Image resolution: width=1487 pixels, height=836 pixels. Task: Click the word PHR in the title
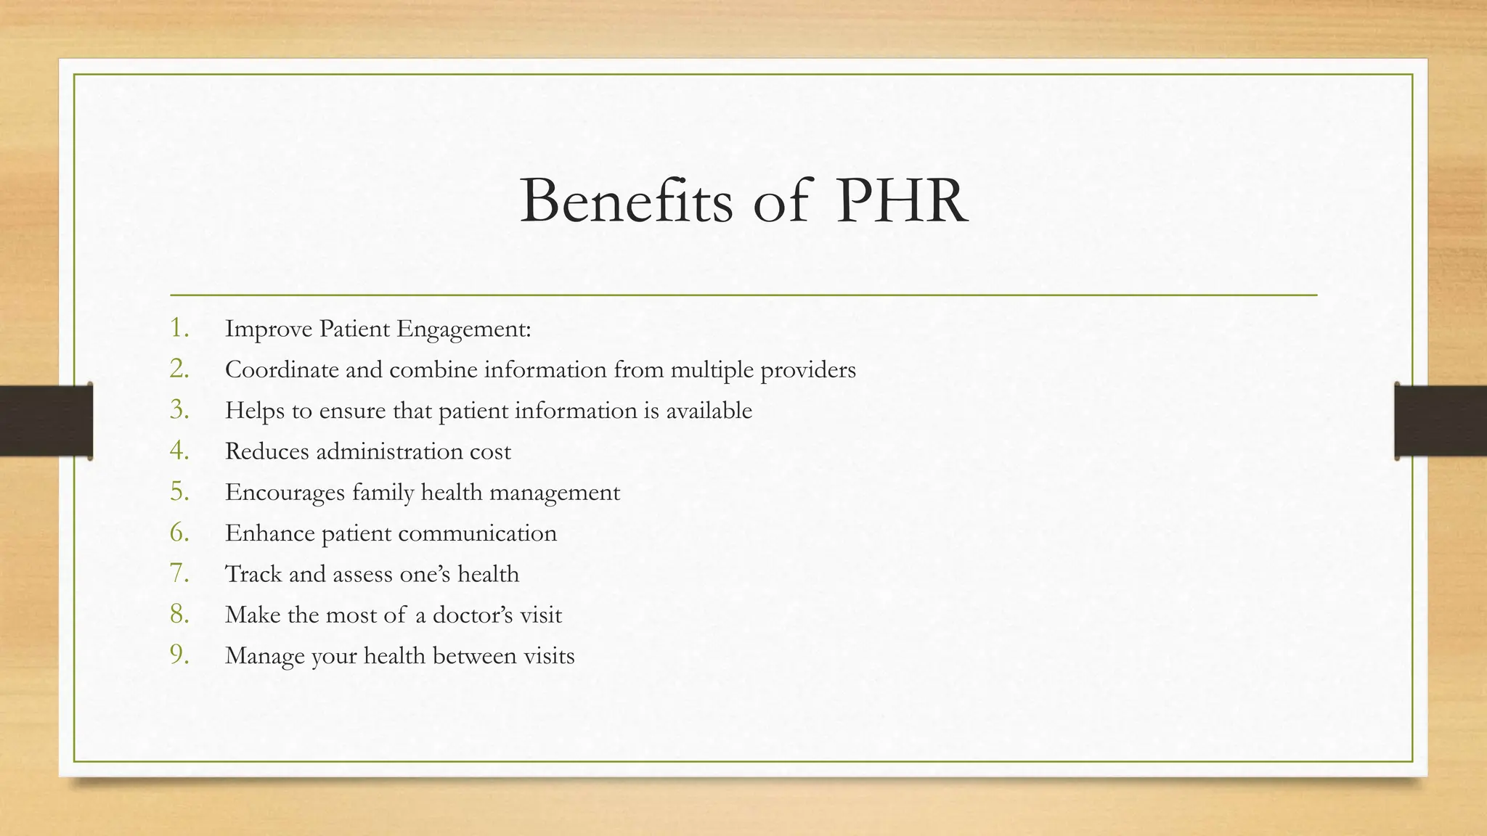pyautogui.click(x=900, y=201)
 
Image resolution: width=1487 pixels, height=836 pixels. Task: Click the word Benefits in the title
pyautogui.click(x=627, y=201)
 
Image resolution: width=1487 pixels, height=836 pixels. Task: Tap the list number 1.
pyautogui.click(x=179, y=328)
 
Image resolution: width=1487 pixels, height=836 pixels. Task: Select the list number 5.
pyautogui.click(x=179, y=492)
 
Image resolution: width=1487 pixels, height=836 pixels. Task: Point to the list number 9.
pyautogui.click(x=179, y=655)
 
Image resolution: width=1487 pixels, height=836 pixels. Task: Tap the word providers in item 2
pyautogui.click(x=808, y=371)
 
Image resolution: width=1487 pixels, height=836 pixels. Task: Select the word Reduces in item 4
pyautogui.click(x=266, y=451)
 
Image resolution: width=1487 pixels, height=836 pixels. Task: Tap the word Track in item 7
pyautogui.click(x=253, y=574)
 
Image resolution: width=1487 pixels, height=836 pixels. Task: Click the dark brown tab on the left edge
pyautogui.click(x=46, y=421)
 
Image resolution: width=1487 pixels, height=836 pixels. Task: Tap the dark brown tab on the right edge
pyautogui.click(x=1441, y=421)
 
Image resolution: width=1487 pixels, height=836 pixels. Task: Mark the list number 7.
pyautogui.click(x=179, y=573)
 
